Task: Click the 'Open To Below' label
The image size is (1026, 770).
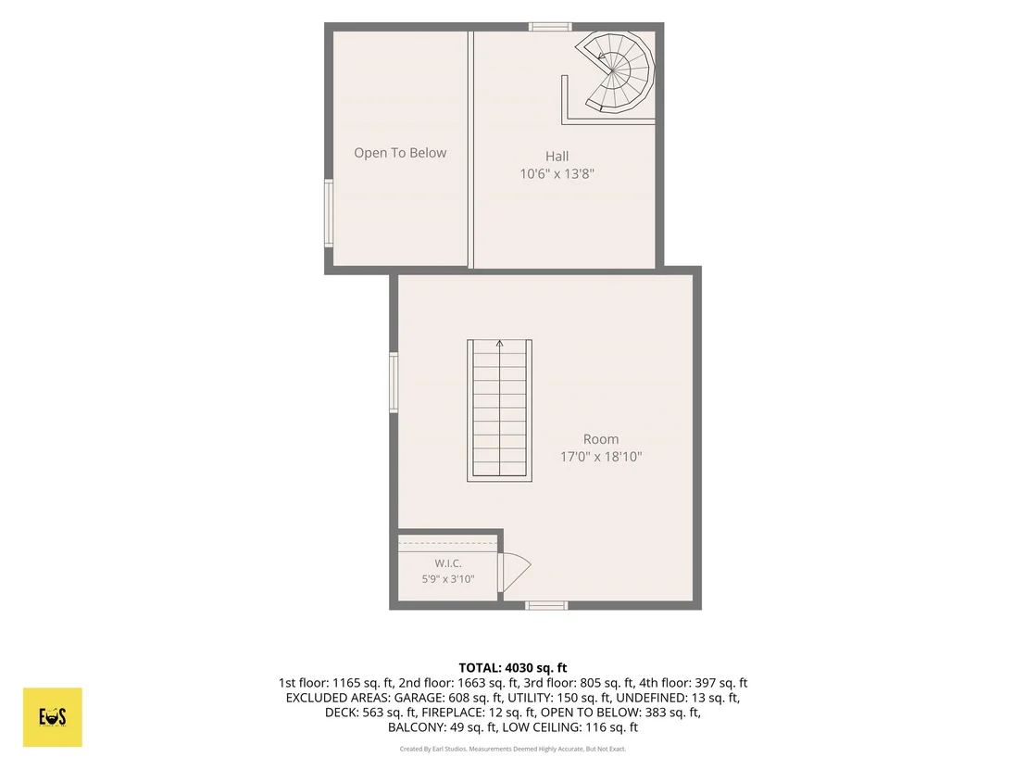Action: coord(400,153)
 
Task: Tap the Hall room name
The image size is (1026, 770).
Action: coord(557,156)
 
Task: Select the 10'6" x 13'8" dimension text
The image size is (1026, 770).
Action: coord(557,173)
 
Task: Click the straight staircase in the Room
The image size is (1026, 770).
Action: coord(499,410)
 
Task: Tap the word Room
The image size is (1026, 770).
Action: coord(601,439)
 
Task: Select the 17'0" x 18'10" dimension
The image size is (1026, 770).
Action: coord(601,457)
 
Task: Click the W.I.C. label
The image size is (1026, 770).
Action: coord(448,563)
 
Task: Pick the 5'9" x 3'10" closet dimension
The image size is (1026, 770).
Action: coord(448,579)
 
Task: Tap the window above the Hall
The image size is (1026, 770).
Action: coord(550,27)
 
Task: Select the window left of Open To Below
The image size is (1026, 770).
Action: coord(329,213)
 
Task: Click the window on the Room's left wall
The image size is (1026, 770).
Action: coord(394,383)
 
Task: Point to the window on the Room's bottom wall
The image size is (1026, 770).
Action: coord(546,606)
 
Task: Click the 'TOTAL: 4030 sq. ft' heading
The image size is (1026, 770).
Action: coord(513,668)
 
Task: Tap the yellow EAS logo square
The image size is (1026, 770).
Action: coord(53,717)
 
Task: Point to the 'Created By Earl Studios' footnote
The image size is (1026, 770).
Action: coord(433,749)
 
